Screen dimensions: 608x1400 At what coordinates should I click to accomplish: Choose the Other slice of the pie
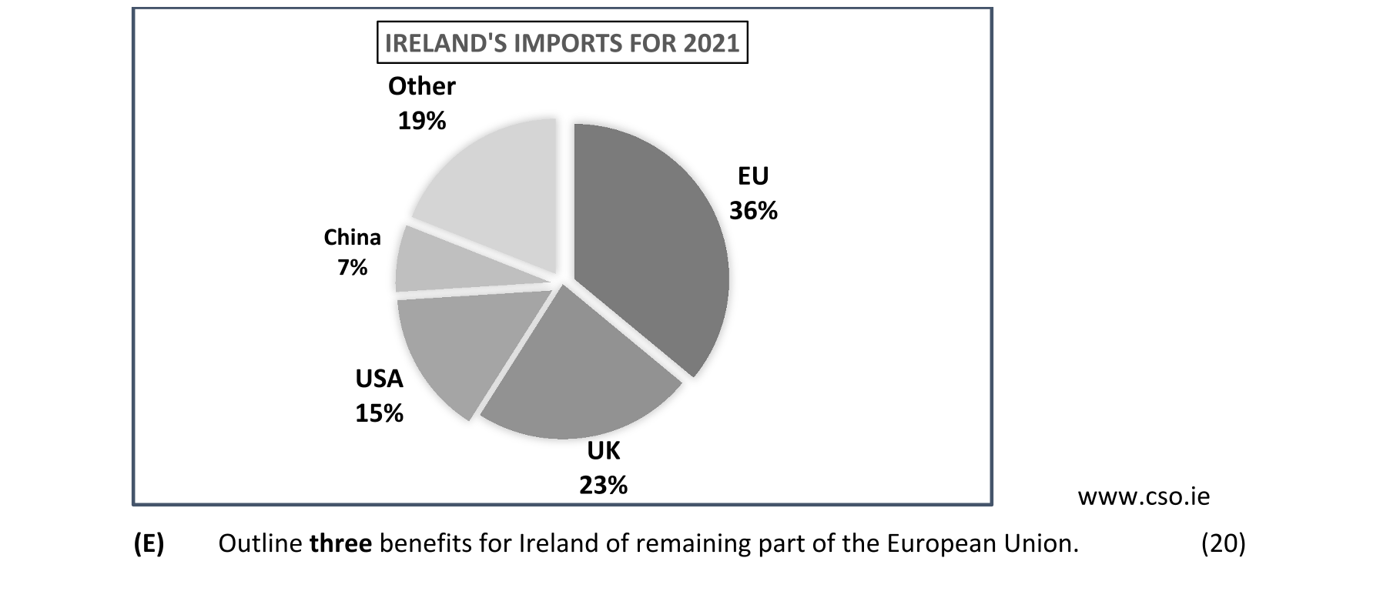[x=493, y=185]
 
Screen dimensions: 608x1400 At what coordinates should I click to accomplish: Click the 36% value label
[x=753, y=211]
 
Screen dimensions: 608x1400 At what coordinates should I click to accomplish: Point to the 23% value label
[x=603, y=485]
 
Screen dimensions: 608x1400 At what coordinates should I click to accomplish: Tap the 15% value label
[x=379, y=413]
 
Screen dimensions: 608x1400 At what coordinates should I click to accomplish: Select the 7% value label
[x=352, y=267]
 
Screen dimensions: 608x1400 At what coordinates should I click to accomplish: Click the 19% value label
[x=421, y=121]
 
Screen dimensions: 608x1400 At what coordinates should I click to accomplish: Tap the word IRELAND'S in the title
[x=445, y=43]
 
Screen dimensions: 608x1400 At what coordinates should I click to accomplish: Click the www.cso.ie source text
[x=1144, y=497]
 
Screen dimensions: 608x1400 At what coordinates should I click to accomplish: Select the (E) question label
[x=149, y=543]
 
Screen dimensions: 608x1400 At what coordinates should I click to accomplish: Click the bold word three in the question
[x=340, y=543]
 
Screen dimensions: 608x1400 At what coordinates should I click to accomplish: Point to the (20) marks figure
[x=1223, y=543]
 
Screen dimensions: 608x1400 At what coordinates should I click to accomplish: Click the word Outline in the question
[x=260, y=543]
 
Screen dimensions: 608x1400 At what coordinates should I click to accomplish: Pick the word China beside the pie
[x=352, y=237]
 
